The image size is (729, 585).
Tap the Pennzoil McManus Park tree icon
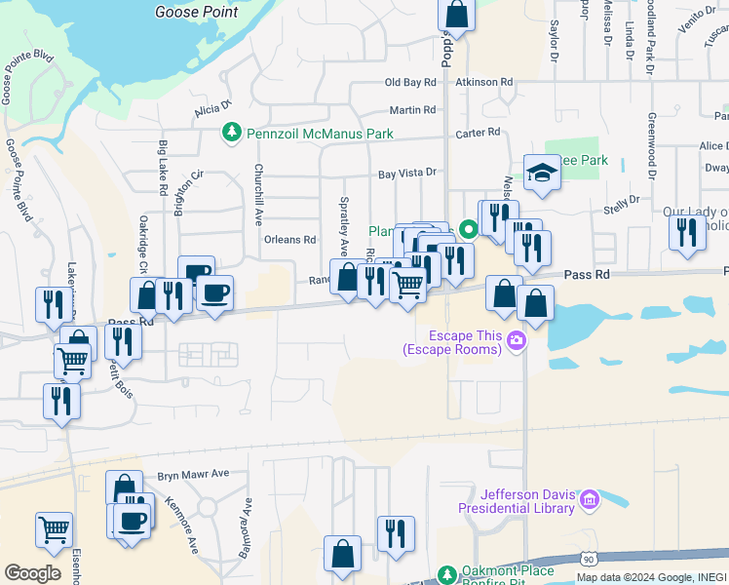click(232, 131)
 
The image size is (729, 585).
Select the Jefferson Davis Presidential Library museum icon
click(589, 501)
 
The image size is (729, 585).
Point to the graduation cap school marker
click(543, 174)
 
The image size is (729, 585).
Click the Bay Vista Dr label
click(407, 174)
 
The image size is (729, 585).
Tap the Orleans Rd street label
click(290, 239)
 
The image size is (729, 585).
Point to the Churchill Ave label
click(259, 196)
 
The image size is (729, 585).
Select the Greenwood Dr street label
click(652, 146)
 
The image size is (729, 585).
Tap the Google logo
click(32, 573)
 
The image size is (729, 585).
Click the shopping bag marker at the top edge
click(455, 16)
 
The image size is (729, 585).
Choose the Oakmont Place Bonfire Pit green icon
click(447, 574)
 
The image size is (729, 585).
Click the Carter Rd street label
click(478, 132)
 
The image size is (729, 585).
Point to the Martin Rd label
click(413, 110)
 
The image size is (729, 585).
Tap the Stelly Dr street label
click(621, 200)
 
